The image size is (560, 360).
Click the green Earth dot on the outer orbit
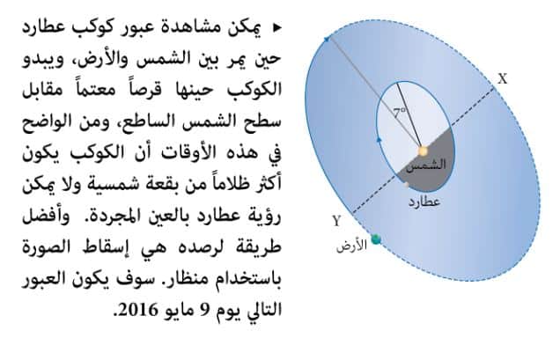[376, 239]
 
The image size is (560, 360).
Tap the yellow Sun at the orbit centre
[423, 151]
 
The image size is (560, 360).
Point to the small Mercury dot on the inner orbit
[407, 185]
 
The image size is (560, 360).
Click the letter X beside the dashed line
[503, 78]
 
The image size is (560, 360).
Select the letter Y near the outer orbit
[336, 222]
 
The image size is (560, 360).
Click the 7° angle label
[400, 113]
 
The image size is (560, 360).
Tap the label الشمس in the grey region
[427, 165]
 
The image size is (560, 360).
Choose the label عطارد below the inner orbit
[424, 202]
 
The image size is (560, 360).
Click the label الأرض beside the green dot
[352, 246]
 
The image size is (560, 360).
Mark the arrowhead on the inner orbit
[379, 140]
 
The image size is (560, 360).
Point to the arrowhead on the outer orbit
[326, 39]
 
